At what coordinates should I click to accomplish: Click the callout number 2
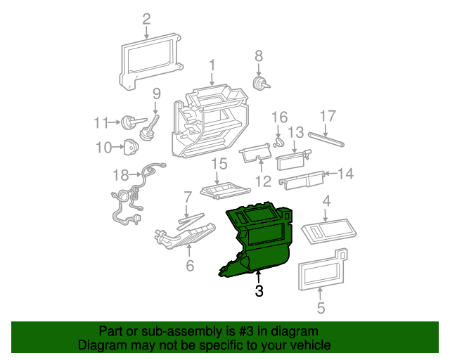click(146, 19)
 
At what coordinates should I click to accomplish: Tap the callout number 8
click(258, 55)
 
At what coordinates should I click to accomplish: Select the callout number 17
click(328, 116)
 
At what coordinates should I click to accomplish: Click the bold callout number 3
click(259, 291)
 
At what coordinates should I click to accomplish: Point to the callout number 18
click(121, 174)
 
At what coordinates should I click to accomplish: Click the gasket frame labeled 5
click(320, 271)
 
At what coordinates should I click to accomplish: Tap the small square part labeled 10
click(131, 148)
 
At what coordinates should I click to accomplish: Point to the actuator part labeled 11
click(129, 122)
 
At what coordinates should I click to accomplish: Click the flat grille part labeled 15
click(224, 190)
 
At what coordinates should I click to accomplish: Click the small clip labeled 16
click(278, 143)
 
